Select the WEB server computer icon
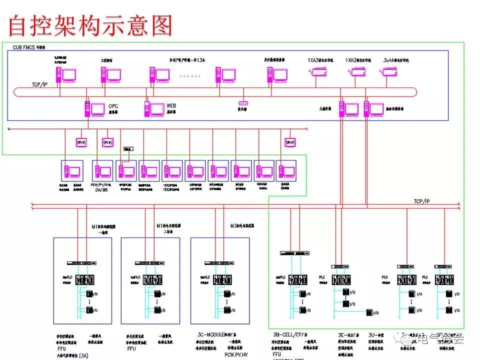pyautogui.click(x=154, y=109)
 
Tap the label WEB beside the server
pyautogui.click(x=171, y=106)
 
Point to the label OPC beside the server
pyautogui.click(x=113, y=106)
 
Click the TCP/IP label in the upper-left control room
pyautogui.click(x=40, y=85)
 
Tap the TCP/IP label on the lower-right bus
pyautogui.click(x=421, y=201)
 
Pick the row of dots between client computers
pyautogui.click(x=189, y=76)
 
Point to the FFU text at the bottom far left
pyautogui.click(x=61, y=348)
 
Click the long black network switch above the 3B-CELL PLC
pyautogui.click(x=293, y=253)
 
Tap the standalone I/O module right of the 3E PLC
pyautogui.click(x=369, y=312)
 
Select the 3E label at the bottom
pyautogui.click(x=342, y=333)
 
